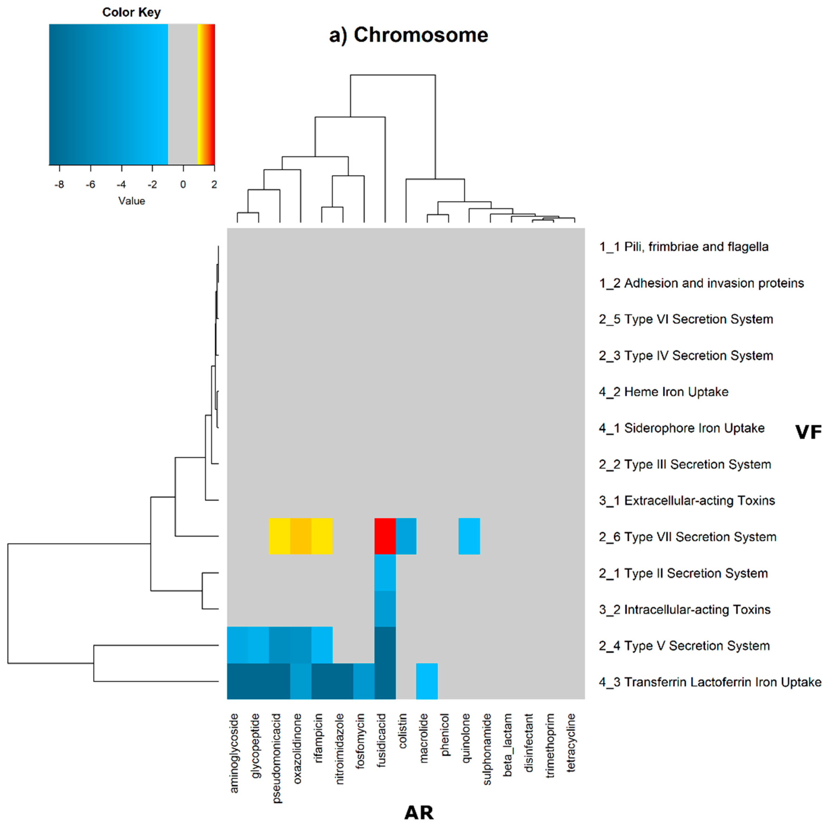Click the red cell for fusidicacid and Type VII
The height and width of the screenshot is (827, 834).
pos(385,536)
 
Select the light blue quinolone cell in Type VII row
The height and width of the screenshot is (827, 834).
pos(469,536)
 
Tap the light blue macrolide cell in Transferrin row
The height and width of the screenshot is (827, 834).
pos(427,681)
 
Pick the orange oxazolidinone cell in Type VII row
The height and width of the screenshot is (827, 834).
pos(300,536)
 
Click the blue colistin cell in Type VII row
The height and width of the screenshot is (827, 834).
pos(406,536)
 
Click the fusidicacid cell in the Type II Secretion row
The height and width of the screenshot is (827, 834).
pos(385,572)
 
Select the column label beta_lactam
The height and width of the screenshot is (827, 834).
pos(508,745)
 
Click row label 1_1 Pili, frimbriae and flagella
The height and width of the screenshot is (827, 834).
pos(683,247)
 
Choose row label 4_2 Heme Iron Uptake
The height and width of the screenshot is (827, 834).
pos(663,392)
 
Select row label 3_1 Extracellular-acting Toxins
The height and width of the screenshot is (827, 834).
pos(687,501)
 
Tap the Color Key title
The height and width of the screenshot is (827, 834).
pos(131,12)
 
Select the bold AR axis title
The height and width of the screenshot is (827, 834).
pos(419,813)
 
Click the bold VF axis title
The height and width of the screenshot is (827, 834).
pos(808,432)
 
